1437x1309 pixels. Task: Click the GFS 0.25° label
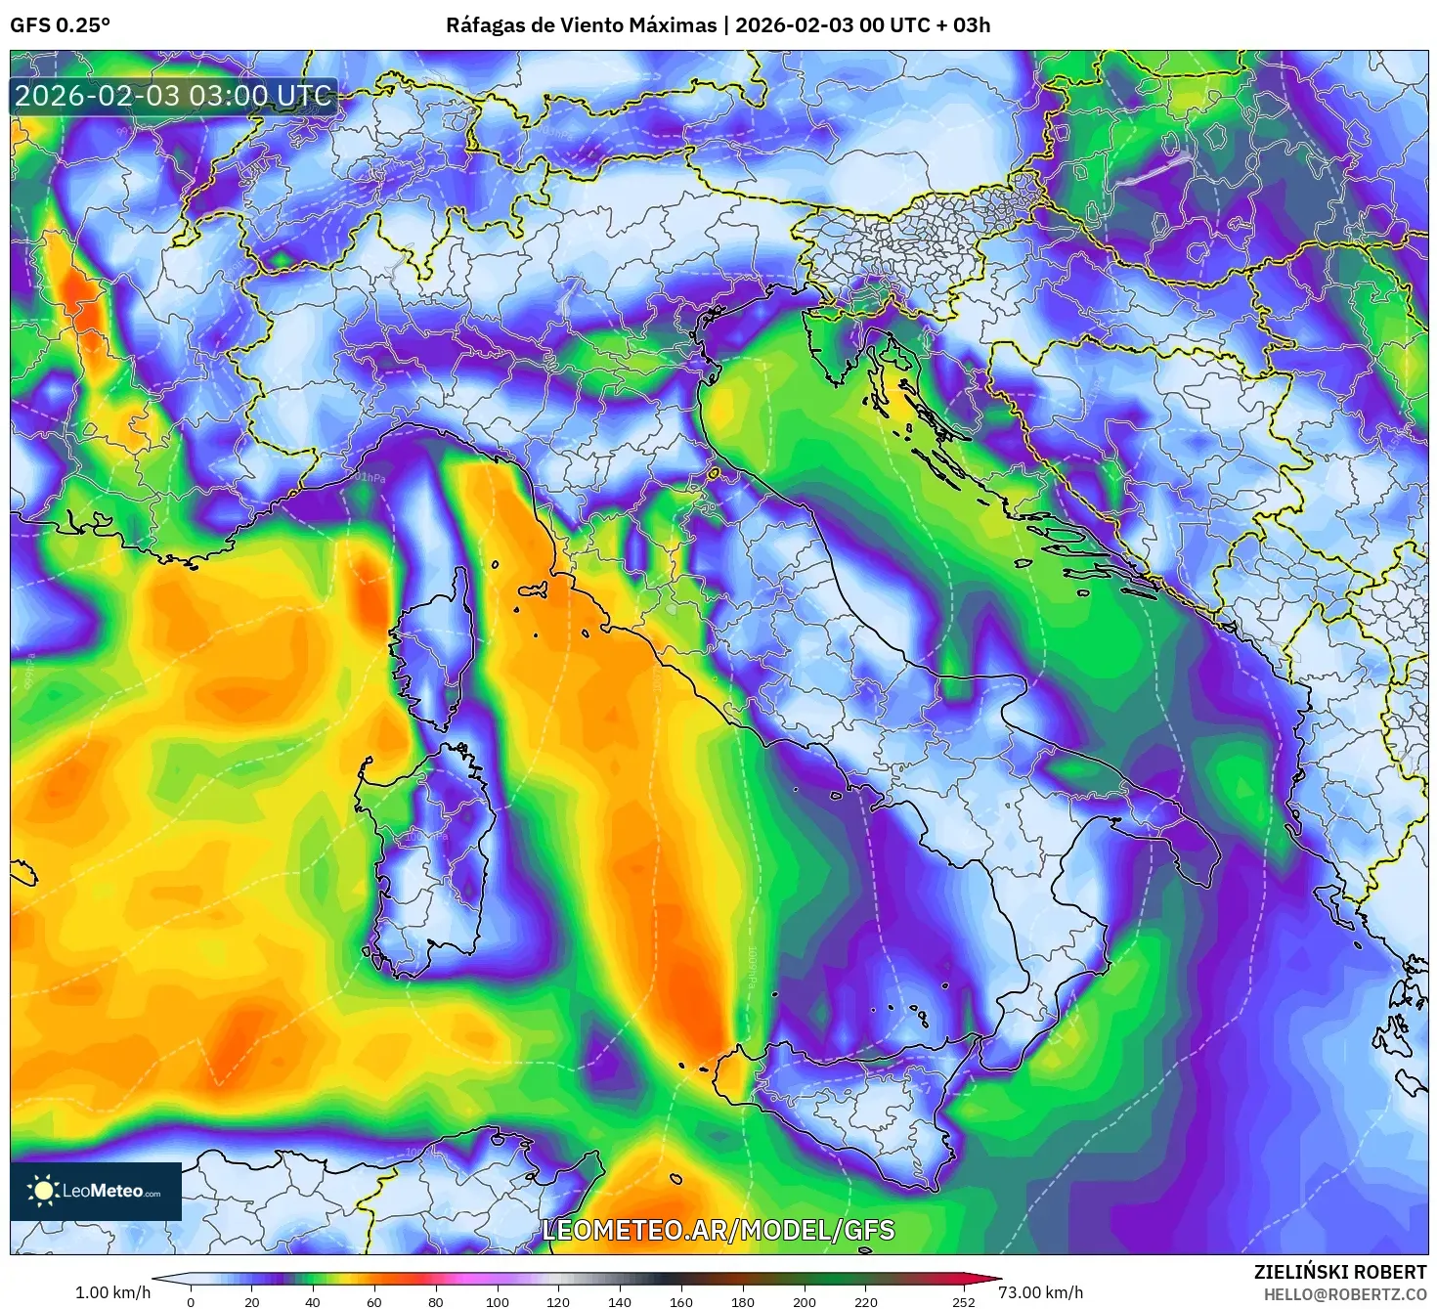[x=60, y=25]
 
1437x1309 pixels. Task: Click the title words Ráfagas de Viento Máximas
[x=581, y=25]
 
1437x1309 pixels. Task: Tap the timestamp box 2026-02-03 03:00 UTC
[x=174, y=96]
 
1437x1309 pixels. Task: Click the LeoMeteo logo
[x=96, y=1191]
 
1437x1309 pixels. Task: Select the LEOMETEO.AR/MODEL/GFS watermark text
[x=718, y=1230]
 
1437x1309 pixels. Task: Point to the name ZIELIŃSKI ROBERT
[x=1339, y=1272]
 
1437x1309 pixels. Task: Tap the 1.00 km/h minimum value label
[x=112, y=1292]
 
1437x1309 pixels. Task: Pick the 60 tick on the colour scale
[x=374, y=1301]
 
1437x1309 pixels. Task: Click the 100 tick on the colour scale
[x=498, y=1301]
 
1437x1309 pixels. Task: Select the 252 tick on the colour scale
[x=963, y=1301]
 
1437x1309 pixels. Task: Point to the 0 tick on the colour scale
[x=191, y=1301]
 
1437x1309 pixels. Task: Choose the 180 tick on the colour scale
[x=743, y=1301]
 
